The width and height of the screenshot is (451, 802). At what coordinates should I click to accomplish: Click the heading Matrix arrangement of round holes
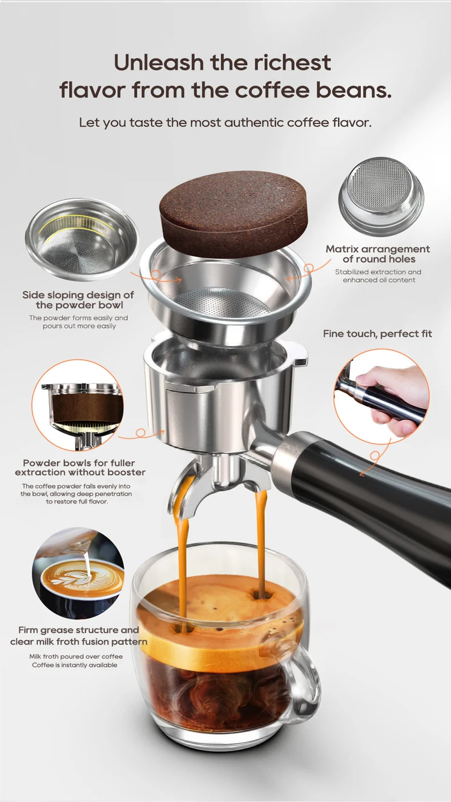(x=378, y=254)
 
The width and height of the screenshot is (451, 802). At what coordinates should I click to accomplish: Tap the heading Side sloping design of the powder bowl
(x=78, y=300)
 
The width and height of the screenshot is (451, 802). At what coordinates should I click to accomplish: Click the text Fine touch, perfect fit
(x=377, y=333)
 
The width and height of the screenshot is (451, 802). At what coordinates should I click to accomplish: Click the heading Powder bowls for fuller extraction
(x=79, y=468)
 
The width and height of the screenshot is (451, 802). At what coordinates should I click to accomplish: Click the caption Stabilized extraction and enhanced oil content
(x=378, y=276)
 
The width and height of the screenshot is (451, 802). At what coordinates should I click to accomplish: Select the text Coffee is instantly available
(x=75, y=665)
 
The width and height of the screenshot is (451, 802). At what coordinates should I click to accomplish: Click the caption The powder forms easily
(x=78, y=318)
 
